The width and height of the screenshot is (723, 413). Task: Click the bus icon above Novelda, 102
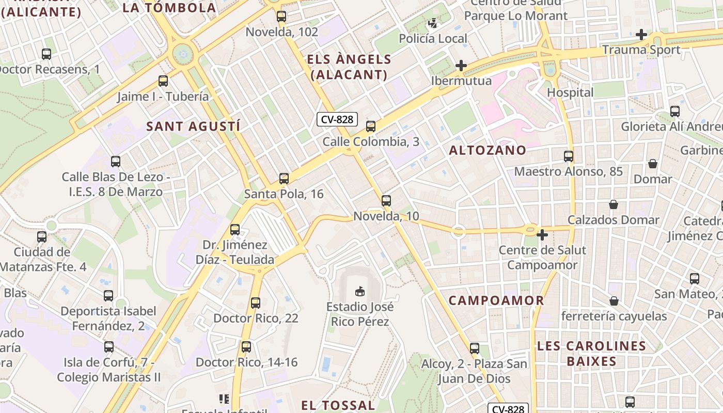(281, 17)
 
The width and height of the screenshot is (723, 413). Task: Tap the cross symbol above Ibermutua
(461, 66)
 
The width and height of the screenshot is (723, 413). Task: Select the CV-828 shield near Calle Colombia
(337, 120)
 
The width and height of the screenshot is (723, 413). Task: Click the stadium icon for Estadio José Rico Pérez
(360, 292)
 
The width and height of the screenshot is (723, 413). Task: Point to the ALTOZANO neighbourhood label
(488, 150)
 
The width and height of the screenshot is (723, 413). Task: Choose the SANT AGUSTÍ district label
(194, 126)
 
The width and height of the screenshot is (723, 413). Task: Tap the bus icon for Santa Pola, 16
(284, 179)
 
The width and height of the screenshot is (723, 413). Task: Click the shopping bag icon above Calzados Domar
(614, 204)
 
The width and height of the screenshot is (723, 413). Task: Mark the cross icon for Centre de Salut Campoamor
(542, 235)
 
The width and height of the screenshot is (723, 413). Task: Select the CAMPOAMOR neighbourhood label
(496, 300)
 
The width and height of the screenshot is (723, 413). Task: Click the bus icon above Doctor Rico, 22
(256, 303)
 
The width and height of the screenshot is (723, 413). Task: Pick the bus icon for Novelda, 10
(386, 201)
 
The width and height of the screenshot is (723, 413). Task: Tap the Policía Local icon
(433, 23)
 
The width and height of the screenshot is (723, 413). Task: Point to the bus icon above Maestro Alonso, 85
(569, 156)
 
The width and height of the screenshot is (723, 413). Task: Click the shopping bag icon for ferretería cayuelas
(614, 300)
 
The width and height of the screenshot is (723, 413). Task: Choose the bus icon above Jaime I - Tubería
(163, 81)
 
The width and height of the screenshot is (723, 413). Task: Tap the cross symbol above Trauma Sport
(641, 35)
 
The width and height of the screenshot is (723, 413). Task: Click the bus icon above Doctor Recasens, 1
(46, 54)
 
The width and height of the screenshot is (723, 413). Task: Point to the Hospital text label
(570, 93)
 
